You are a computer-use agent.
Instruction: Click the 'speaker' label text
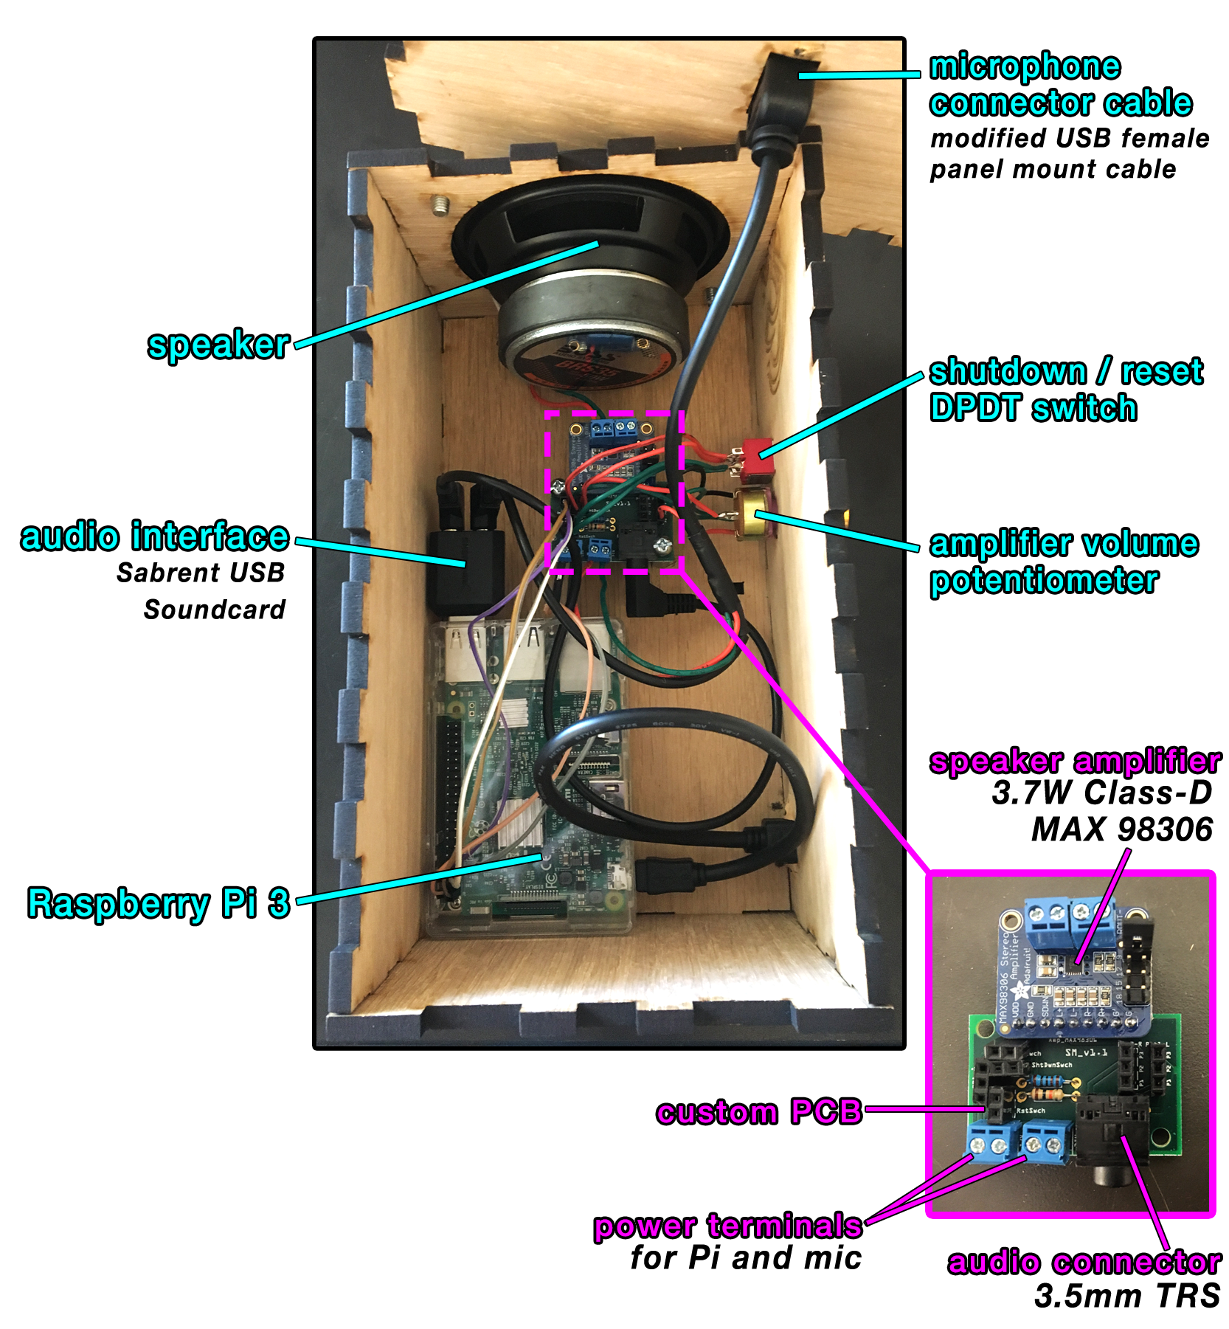(x=218, y=345)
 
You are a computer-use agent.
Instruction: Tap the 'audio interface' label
(x=155, y=536)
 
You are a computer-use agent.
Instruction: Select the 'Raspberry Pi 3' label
(x=159, y=903)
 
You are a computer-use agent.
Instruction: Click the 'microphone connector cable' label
(x=1059, y=84)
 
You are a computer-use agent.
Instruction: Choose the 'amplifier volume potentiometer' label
(x=1062, y=562)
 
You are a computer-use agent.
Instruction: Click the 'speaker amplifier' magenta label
(x=1073, y=762)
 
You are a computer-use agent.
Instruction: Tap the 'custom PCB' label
(x=759, y=1111)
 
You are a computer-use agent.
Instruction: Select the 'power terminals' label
(x=727, y=1226)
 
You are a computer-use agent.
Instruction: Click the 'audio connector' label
(x=1083, y=1261)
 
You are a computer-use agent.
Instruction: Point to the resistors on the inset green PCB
(x=1044, y=1089)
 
